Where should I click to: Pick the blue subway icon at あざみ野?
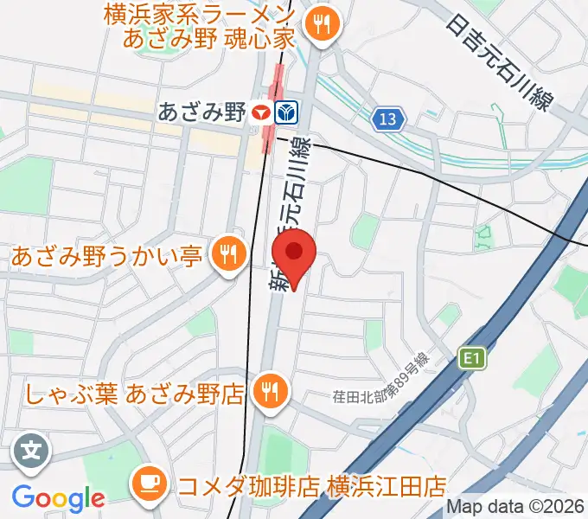point(286,112)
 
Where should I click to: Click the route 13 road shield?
point(391,119)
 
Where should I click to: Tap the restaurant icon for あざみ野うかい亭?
point(228,255)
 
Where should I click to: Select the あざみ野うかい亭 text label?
point(107,256)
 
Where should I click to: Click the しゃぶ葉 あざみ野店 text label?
point(134,394)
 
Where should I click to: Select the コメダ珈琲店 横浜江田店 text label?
point(311,483)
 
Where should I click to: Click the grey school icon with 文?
point(32,452)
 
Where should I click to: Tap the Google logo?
point(58,498)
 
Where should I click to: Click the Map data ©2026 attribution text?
point(514,508)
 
